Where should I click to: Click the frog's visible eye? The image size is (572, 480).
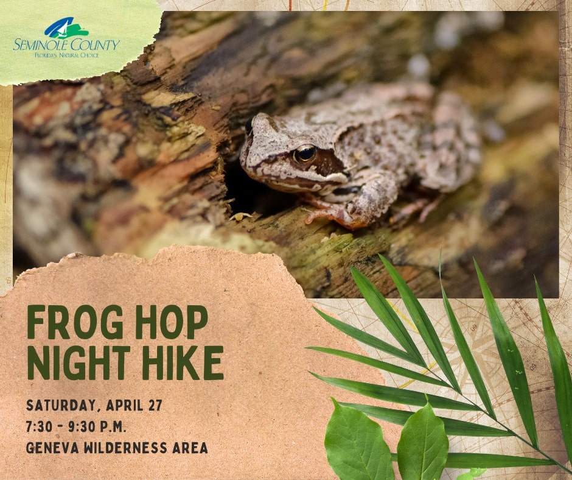305,154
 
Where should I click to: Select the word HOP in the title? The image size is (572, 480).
172,322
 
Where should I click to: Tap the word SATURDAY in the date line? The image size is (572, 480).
63,406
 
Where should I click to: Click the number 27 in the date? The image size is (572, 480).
155,405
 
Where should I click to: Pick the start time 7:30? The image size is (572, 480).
39,426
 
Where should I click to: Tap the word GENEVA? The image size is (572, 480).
52,448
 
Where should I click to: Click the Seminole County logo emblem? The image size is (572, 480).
66,28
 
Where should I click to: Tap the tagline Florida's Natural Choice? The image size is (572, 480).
66,55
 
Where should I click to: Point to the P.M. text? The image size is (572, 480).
113,426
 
